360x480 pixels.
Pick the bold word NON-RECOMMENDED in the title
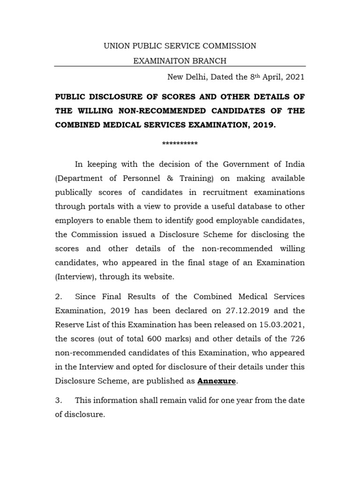point(165,111)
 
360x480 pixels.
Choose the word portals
point(101,206)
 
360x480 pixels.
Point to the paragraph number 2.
point(58,297)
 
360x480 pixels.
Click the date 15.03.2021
point(281,324)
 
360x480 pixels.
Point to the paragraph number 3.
point(58,401)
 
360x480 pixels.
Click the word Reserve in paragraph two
point(69,324)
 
